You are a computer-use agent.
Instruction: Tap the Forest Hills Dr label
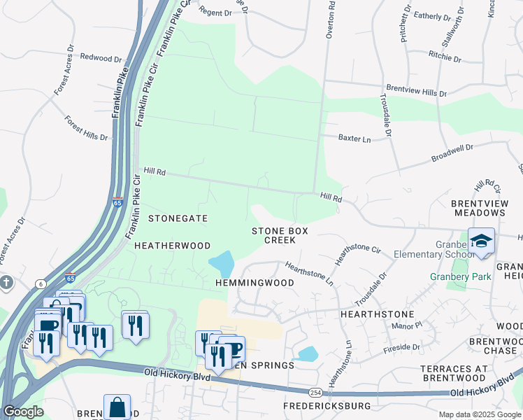coord(86,128)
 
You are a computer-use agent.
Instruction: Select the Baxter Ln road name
coord(354,139)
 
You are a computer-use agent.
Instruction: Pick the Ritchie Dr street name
coord(445,56)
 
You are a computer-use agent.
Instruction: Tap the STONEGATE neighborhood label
coord(178,218)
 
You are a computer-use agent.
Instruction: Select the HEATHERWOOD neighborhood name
coord(172,246)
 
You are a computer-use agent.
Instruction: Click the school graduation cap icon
coord(481,241)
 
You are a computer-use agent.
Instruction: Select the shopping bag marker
coord(117,406)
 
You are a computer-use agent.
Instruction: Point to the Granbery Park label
coord(460,276)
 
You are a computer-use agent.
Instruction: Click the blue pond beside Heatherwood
coord(222,264)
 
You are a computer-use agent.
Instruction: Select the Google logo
coord(23,412)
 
